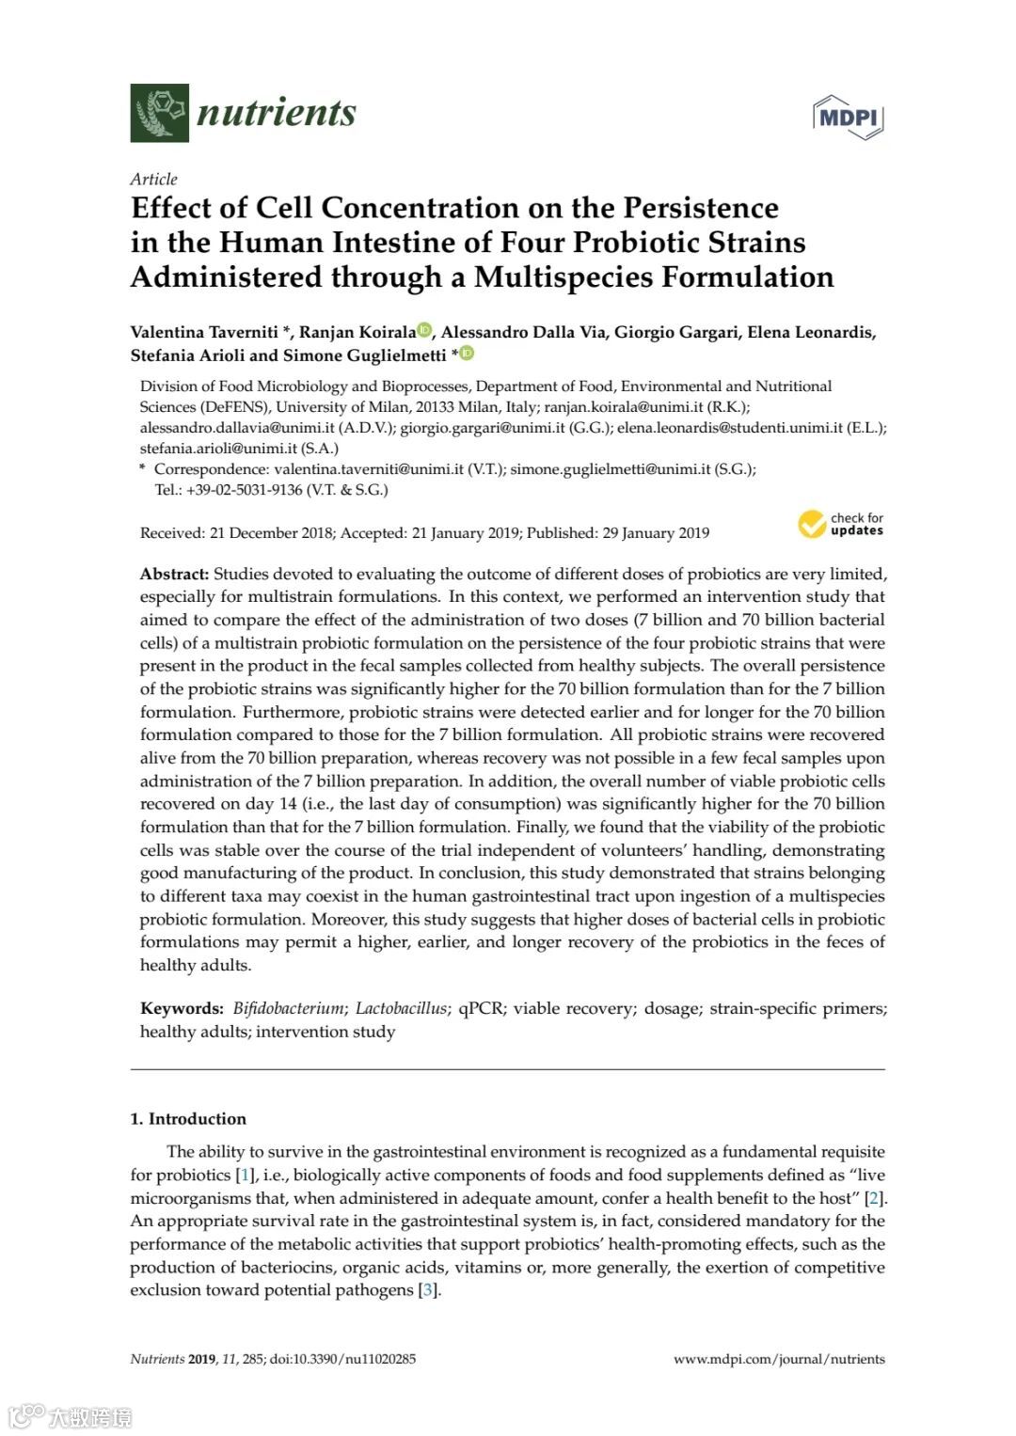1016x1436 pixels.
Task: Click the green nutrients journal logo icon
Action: pyautogui.click(x=159, y=113)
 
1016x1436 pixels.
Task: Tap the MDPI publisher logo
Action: pyautogui.click(x=848, y=117)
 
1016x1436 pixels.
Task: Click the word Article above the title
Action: pyautogui.click(x=153, y=179)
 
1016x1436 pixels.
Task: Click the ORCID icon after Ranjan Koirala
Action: pyautogui.click(x=424, y=330)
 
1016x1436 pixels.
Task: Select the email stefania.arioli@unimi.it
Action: pyautogui.click(x=218, y=449)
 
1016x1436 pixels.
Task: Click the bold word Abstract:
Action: pyautogui.click(x=174, y=574)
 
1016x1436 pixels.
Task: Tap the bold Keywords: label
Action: pyautogui.click(x=182, y=1008)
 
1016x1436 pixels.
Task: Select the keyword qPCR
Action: pyautogui.click(x=481, y=1008)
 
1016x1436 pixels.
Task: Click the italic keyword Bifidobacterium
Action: pyautogui.click(x=289, y=1008)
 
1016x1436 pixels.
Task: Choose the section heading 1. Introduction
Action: pyautogui.click(x=188, y=1119)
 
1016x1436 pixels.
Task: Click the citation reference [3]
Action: pyautogui.click(x=428, y=1290)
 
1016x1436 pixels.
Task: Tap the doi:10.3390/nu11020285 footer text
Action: pyautogui.click(x=342, y=1359)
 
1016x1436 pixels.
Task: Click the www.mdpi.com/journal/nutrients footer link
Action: pyautogui.click(x=779, y=1359)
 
